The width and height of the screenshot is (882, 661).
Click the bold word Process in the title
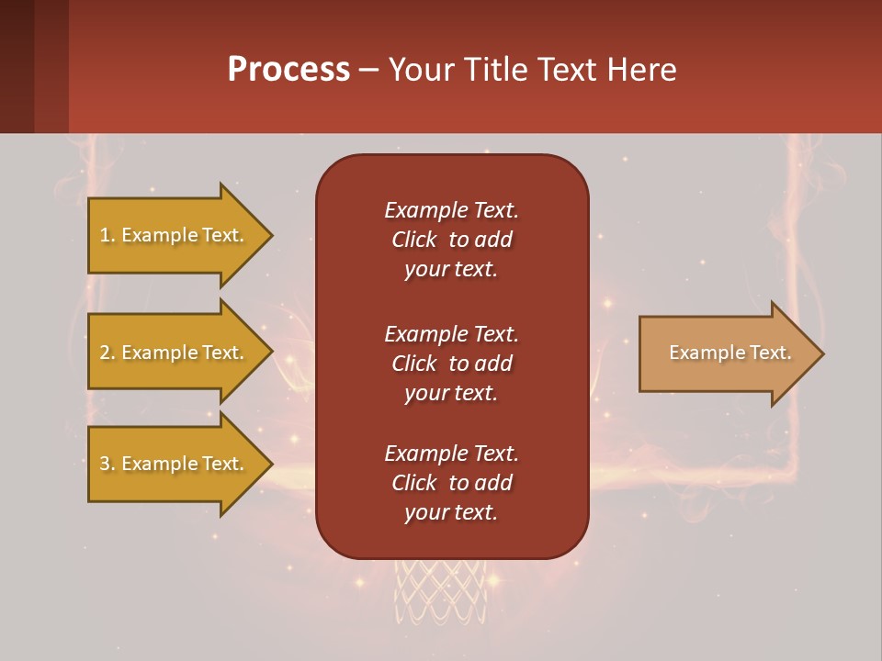click(x=288, y=70)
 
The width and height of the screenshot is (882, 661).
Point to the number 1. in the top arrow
click(x=107, y=236)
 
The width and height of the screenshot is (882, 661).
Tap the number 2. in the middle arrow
click(x=107, y=353)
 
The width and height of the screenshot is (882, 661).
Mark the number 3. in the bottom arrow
click(x=107, y=465)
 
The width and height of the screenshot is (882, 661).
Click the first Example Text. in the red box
click(x=451, y=210)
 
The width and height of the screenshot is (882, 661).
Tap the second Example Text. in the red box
click(x=451, y=333)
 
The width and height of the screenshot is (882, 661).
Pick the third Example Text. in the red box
click(x=451, y=454)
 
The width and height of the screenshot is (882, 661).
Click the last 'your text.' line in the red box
click(x=451, y=513)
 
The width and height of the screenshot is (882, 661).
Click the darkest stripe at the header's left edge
click(x=17, y=66)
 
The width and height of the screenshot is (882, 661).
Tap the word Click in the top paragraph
click(x=413, y=241)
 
